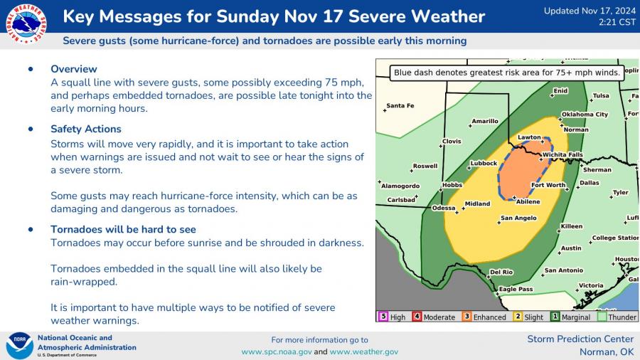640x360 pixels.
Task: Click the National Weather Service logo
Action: (x=26, y=24)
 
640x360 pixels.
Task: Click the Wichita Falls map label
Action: (x=562, y=154)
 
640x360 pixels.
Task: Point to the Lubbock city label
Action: (x=484, y=163)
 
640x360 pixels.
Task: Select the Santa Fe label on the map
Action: (x=400, y=106)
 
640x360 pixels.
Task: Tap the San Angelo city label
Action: (x=518, y=218)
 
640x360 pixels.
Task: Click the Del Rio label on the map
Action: (x=501, y=272)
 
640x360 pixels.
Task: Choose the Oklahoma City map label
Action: (x=585, y=114)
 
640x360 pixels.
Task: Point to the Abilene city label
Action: (x=528, y=201)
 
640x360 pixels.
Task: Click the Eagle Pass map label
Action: (x=516, y=289)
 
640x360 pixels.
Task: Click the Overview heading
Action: (x=73, y=69)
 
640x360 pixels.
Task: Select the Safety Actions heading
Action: (x=85, y=129)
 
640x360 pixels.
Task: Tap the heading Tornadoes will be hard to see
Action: (x=123, y=229)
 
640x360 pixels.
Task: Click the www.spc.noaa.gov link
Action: (x=276, y=351)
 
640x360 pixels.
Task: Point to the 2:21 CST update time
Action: (x=615, y=23)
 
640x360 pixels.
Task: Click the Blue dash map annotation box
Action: (x=507, y=72)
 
